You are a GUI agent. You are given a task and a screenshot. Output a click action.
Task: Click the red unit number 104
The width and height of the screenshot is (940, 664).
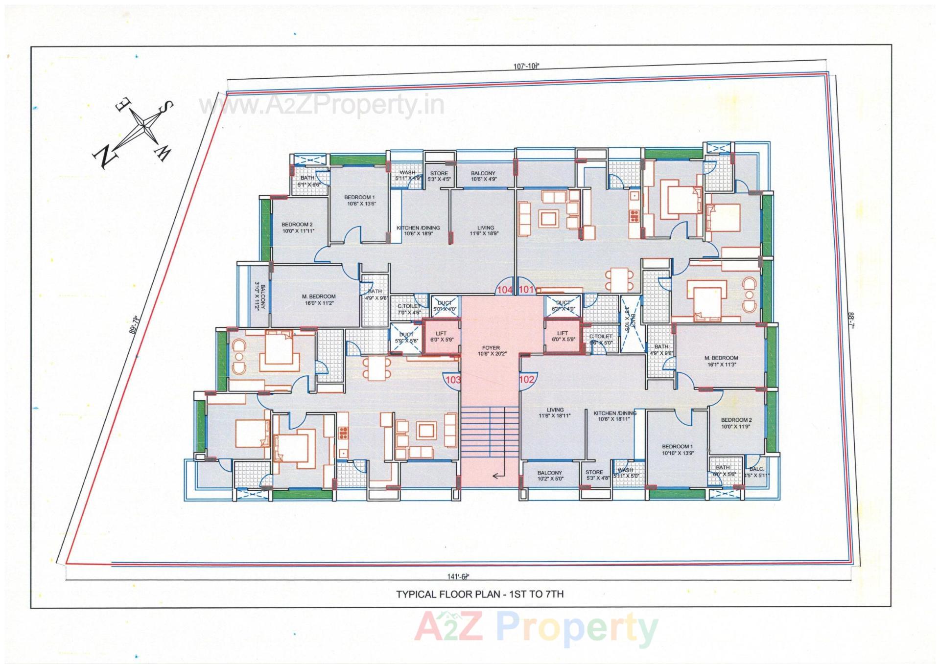(504, 290)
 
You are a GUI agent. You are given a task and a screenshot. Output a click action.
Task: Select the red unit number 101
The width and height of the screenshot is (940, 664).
(526, 290)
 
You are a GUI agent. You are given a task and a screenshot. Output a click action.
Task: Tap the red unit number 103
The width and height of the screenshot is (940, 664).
(453, 379)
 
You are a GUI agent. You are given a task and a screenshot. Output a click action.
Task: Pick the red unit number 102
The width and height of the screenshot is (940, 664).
(527, 379)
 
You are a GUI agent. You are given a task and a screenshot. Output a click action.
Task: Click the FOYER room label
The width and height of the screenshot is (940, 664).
(491, 351)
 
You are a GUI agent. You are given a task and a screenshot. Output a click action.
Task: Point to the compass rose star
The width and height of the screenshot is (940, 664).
(146, 127)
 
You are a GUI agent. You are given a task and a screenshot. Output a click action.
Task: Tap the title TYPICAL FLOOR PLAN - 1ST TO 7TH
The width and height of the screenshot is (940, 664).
(480, 595)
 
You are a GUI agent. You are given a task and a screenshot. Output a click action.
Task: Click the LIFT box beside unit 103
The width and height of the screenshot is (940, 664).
(441, 336)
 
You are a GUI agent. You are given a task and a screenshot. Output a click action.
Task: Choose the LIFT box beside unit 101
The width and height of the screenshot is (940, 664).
(563, 336)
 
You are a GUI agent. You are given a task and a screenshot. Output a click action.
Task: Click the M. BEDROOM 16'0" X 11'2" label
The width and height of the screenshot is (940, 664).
(319, 299)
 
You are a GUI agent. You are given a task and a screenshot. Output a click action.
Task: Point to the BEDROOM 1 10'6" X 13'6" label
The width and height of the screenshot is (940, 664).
(360, 200)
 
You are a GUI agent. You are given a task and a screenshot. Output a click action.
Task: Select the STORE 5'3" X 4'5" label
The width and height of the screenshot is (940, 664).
(439, 176)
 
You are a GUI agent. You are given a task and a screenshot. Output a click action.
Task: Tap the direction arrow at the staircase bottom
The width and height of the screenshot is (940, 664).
(499, 476)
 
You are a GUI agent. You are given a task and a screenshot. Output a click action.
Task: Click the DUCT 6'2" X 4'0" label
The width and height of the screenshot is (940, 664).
(563, 306)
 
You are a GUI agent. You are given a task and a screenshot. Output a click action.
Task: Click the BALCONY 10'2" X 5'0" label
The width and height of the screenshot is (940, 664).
(549, 476)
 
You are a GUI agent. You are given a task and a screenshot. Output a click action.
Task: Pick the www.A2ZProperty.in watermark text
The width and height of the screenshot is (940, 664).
(321, 105)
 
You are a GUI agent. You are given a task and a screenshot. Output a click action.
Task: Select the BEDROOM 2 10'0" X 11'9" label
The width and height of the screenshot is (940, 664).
(736, 423)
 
